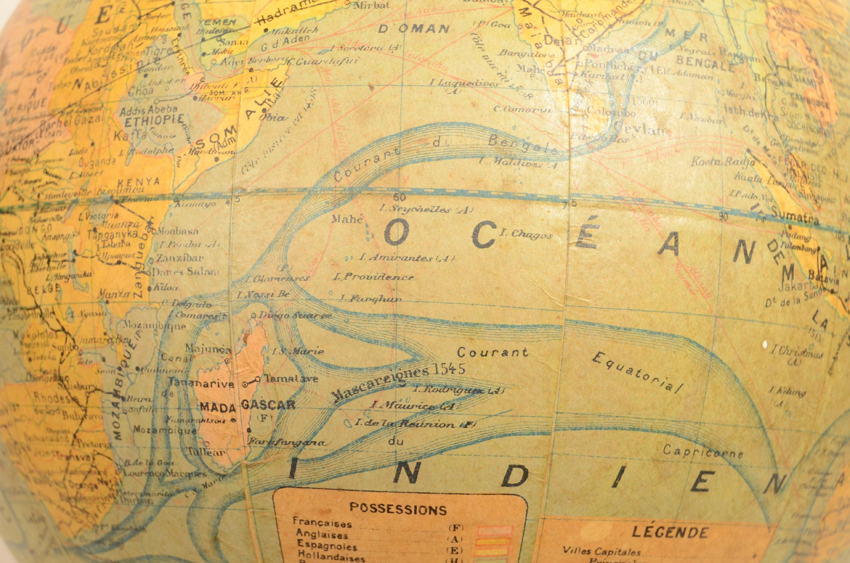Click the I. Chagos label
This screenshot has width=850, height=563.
click(526, 234)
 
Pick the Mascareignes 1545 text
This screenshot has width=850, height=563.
click(398, 380)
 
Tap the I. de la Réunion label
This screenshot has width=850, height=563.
click(415, 424)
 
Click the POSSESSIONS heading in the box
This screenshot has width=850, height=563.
click(398, 509)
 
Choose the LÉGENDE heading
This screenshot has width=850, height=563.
click(670, 533)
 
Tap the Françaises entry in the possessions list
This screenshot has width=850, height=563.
click(322, 523)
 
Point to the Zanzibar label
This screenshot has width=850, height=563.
click(179, 257)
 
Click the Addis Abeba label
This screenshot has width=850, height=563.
click(148, 110)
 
